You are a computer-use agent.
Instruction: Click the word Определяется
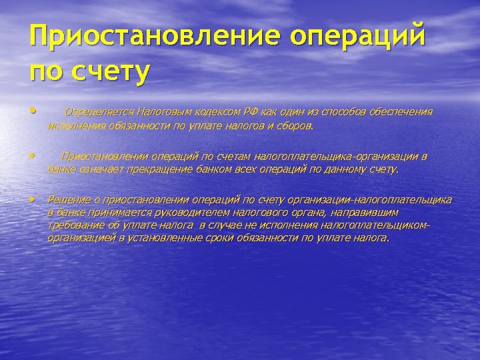pyautogui.click(x=95, y=111)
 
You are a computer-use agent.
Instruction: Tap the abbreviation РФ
pyautogui.click(x=246, y=111)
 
